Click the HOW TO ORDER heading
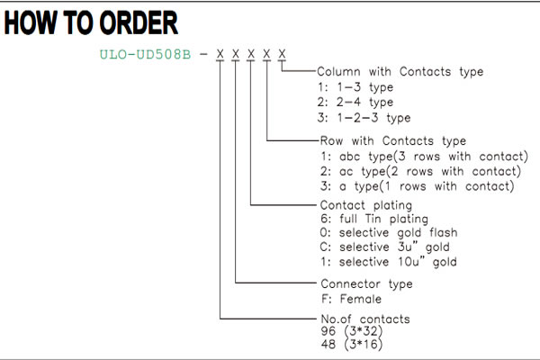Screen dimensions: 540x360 [91, 22]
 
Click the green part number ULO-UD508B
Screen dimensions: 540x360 [145, 54]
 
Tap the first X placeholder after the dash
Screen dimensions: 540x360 [220, 54]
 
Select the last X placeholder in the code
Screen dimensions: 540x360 [282, 54]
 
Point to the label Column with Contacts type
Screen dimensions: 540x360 [400, 72]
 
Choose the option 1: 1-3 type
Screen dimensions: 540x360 [355, 87]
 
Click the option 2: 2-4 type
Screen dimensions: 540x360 [355, 102]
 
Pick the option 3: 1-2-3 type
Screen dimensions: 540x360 [364, 118]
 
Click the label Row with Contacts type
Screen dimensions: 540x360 [393, 141]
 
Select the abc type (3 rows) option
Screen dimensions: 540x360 [424, 157]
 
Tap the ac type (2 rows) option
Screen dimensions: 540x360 [420, 171]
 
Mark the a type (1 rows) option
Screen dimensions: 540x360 [418, 186]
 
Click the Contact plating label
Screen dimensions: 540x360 [366, 205]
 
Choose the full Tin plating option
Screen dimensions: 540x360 [374, 219]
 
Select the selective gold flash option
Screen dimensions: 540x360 [389, 233]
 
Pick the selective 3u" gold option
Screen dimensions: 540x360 [385, 247]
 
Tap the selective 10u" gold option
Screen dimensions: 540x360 [389, 262]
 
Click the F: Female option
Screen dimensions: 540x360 [351, 299]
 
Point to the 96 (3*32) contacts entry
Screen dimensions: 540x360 [352, 331]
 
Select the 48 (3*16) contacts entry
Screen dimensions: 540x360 [352, 344]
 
